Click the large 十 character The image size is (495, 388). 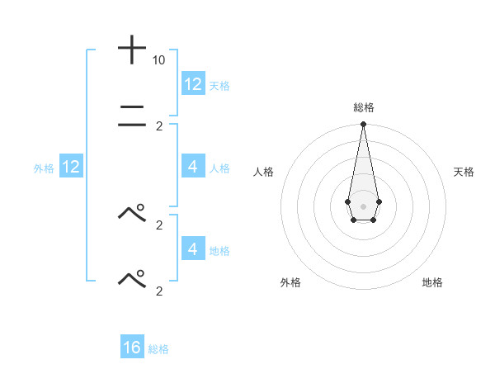[x=132, y=50]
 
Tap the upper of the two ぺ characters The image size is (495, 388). [x=132, y=213]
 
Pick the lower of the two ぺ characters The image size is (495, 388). [x=132, y=279]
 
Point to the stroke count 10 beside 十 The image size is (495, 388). [x=159, y=60]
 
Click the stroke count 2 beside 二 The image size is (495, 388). [x=159, y=126]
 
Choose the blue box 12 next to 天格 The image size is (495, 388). [x=193, y=84]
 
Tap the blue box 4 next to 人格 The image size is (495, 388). [x=193, y=167]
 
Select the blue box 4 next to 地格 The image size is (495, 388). [x=193, y=249]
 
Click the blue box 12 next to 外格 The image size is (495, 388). [x=71, y=167]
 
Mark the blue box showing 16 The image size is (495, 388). [x=132, y=348]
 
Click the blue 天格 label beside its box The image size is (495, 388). [x=219, y=85]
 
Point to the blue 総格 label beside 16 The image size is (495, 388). [x=158, y=349]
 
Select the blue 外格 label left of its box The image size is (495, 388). [x=44, y=168]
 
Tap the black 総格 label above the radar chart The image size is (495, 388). [x=364, y=107]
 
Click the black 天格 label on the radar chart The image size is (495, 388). [x=464, y=172]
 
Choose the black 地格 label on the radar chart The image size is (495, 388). [x=432, y=282]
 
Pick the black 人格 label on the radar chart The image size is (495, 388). [x=263, y=172]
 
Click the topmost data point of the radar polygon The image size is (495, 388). [x=363, y=125]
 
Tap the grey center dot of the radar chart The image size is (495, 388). [x=363, y=205]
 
